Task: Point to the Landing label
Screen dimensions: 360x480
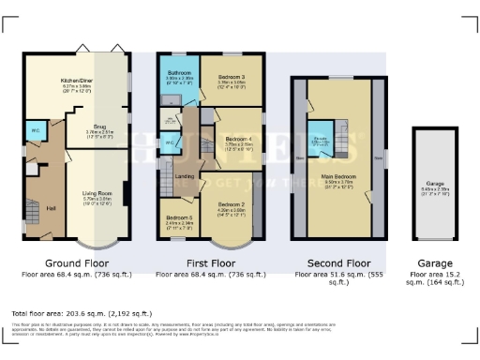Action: (186, 175)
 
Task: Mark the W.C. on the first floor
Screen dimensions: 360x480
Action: (171, 142)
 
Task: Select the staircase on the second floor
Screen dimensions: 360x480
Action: (343, 131)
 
